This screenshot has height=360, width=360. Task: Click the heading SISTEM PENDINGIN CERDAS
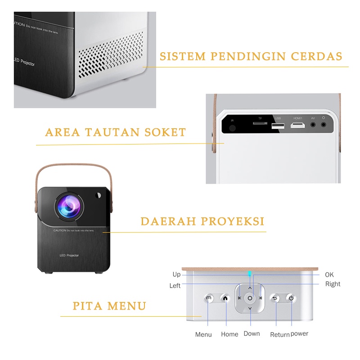(251, 57)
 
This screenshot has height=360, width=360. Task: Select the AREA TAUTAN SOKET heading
(116, 132)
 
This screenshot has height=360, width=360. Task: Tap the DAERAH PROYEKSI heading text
(202, 221)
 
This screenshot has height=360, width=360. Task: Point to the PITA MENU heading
(110, 306)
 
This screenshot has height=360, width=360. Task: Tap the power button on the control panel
(291, 298)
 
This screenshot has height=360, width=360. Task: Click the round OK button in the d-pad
(250, 298)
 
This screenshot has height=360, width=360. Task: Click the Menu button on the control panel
(208, 298)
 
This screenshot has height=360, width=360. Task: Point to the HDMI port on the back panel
(297, 126)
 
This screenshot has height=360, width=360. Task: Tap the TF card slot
(259, 124)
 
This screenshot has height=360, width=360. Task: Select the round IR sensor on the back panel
(232, 128)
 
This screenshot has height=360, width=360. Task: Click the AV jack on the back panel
(313, 125)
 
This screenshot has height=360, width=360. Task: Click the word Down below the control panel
(252, 333)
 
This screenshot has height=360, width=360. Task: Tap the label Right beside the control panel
(333, 284)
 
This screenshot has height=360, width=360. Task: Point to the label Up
(176, 274)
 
